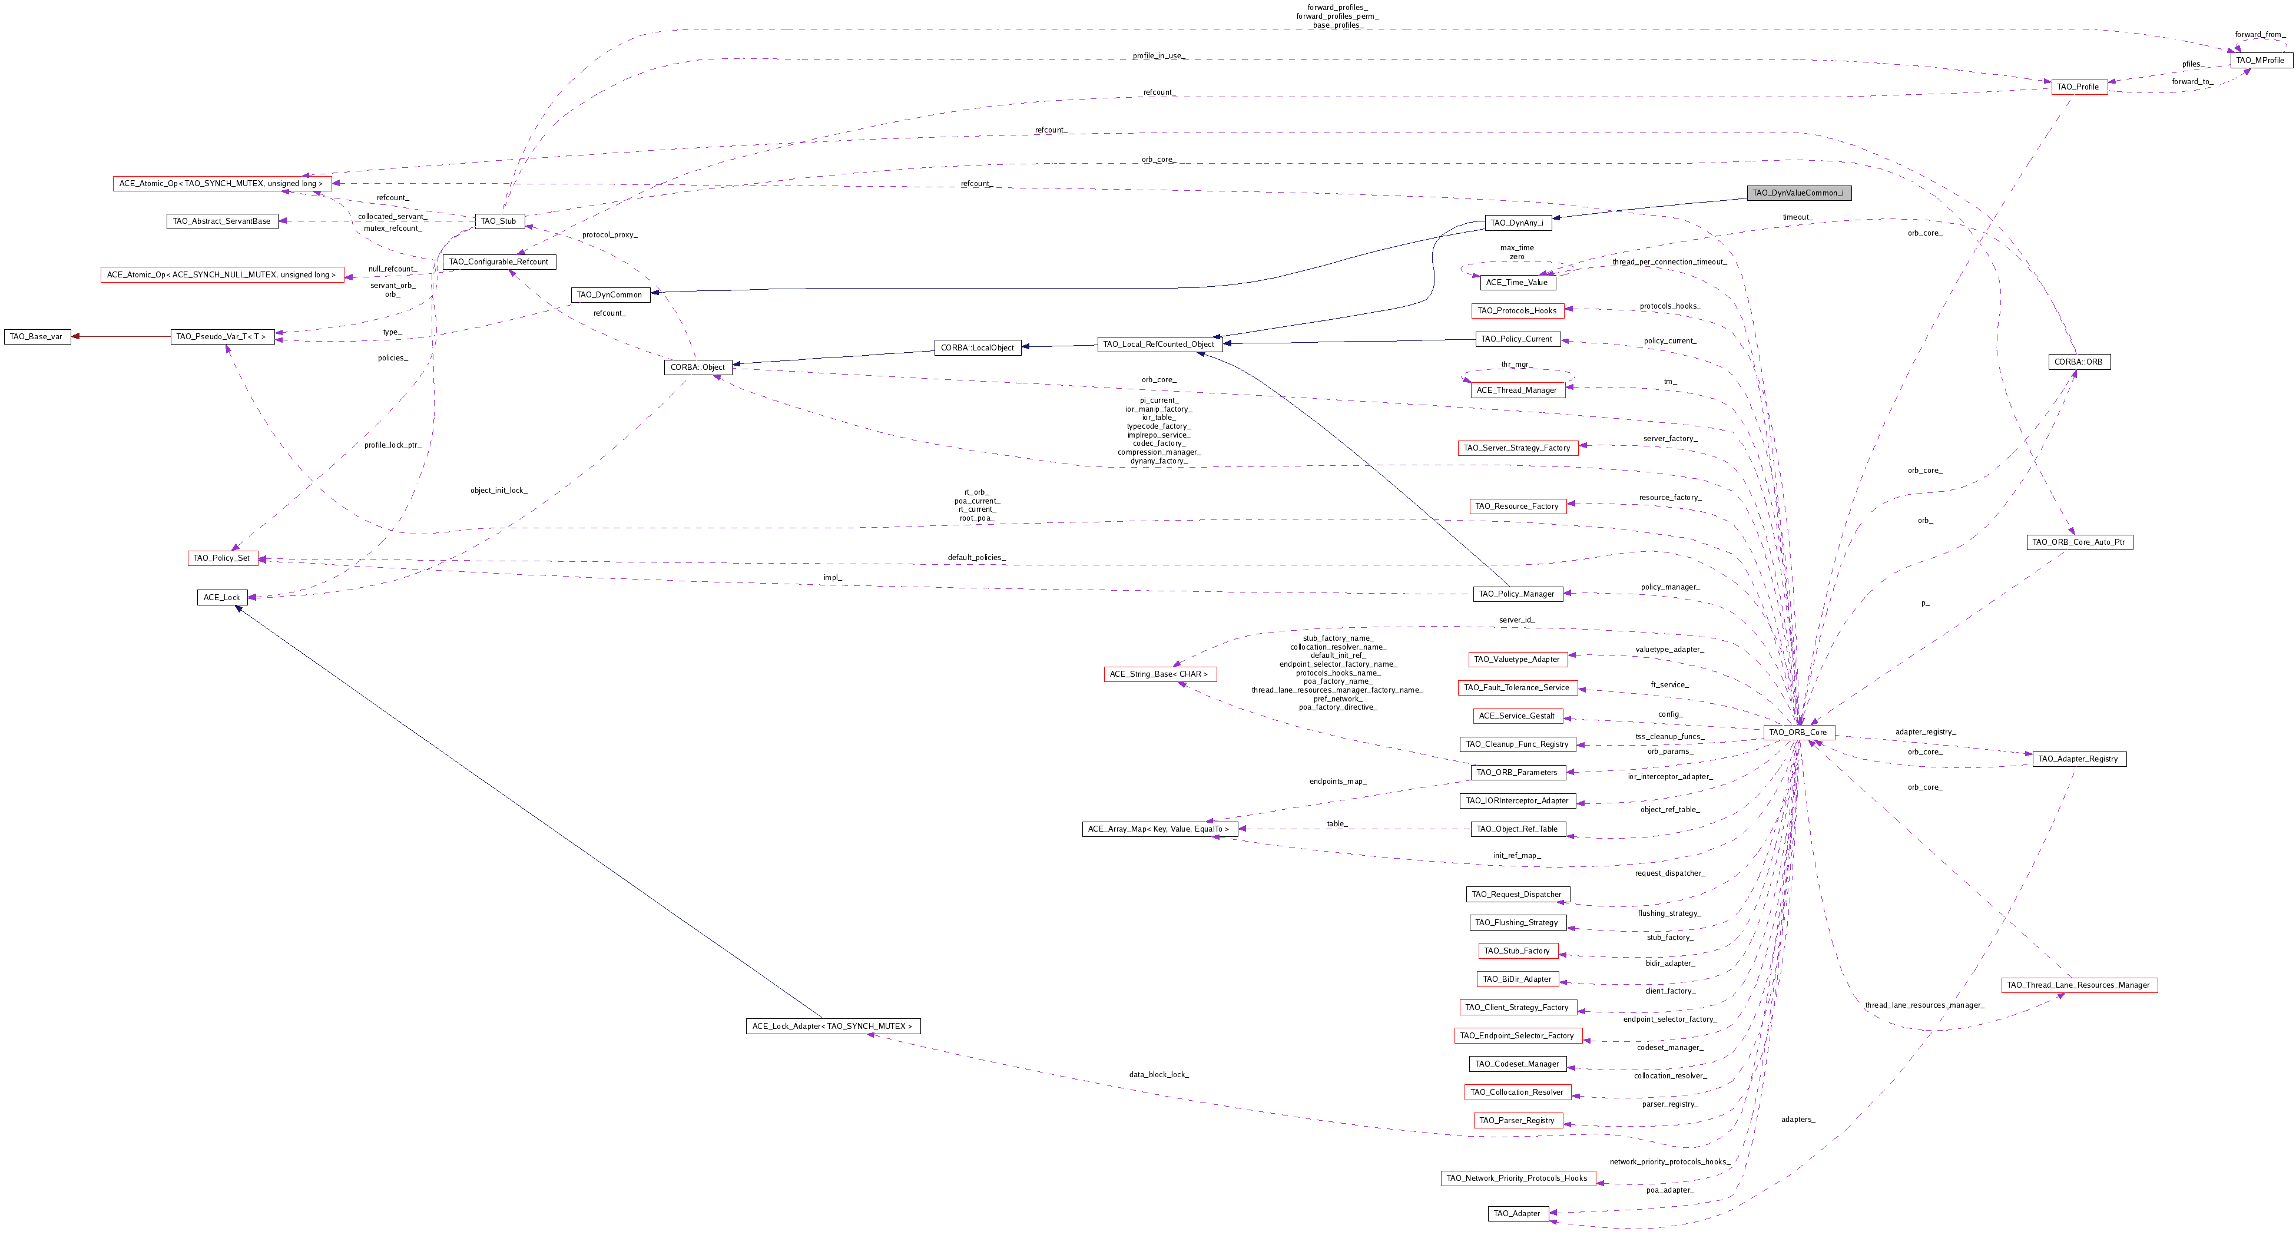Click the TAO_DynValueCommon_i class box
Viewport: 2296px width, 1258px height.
tap(1798, 193)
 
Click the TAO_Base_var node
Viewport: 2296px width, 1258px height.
tap(36, 337)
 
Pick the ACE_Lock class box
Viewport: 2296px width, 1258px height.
tap(222, 597)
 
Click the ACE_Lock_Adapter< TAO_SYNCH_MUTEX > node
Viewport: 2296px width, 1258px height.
tap(833, 1026)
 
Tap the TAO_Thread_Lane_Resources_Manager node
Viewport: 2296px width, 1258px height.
tap(2079, 985)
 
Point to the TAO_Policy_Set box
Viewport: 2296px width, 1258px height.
tap(222, 558)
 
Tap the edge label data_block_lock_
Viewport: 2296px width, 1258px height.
tap(1159, 1074)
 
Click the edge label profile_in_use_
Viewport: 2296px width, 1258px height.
tap(1158, 56)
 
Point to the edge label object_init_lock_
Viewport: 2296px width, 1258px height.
tap(499, 491)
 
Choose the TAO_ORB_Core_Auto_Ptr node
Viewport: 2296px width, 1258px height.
tap(2079, 542)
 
